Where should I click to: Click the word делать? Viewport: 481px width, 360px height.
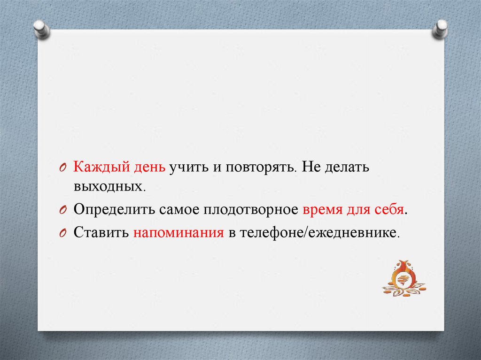(347, 168)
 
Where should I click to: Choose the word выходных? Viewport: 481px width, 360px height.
(109, 186)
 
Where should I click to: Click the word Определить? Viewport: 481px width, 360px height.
(115, 210)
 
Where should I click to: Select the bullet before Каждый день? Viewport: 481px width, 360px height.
(62, 168)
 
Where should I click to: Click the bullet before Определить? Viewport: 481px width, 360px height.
(62, 211)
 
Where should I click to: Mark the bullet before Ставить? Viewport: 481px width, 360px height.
(62, 234)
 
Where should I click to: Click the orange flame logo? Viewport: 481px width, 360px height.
(403, 278)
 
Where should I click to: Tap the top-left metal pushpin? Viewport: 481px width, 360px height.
(41, 30)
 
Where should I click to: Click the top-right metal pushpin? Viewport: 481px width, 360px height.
(440, 29)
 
